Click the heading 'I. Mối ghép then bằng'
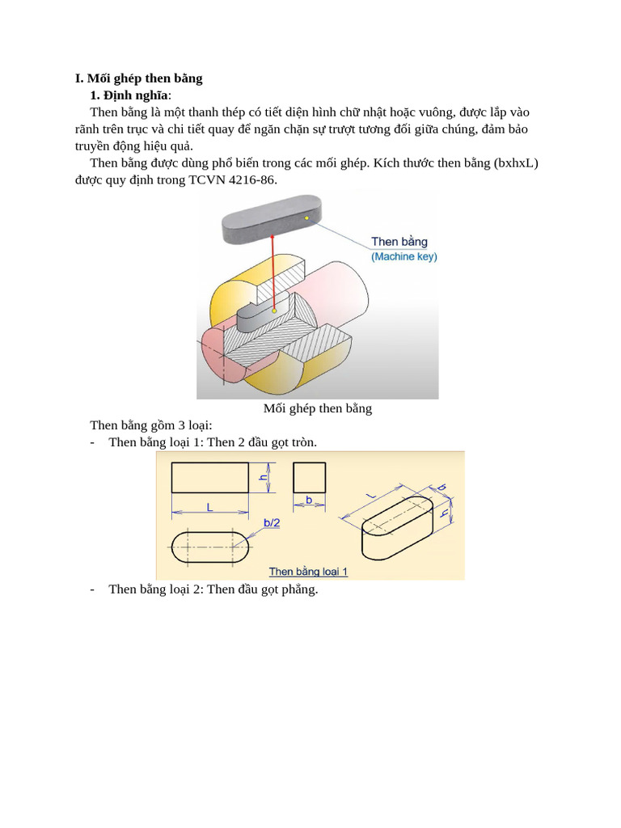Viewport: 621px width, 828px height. point(138,78)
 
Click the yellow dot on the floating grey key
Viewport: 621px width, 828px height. point(306,218)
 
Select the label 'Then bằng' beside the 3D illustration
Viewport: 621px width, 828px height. point(399,242)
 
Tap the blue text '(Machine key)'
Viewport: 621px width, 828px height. point(403,256)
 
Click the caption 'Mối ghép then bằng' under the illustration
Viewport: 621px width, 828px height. point(317,408)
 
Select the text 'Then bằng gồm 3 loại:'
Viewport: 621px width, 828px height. point(150,425)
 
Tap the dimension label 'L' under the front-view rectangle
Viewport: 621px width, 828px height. point(209,508)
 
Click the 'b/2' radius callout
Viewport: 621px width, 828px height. point(272,523)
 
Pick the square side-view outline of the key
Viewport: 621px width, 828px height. point(309,477)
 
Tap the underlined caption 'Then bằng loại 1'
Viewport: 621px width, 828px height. point(308,572)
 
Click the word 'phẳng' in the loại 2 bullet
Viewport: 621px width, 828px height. point(296,589)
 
